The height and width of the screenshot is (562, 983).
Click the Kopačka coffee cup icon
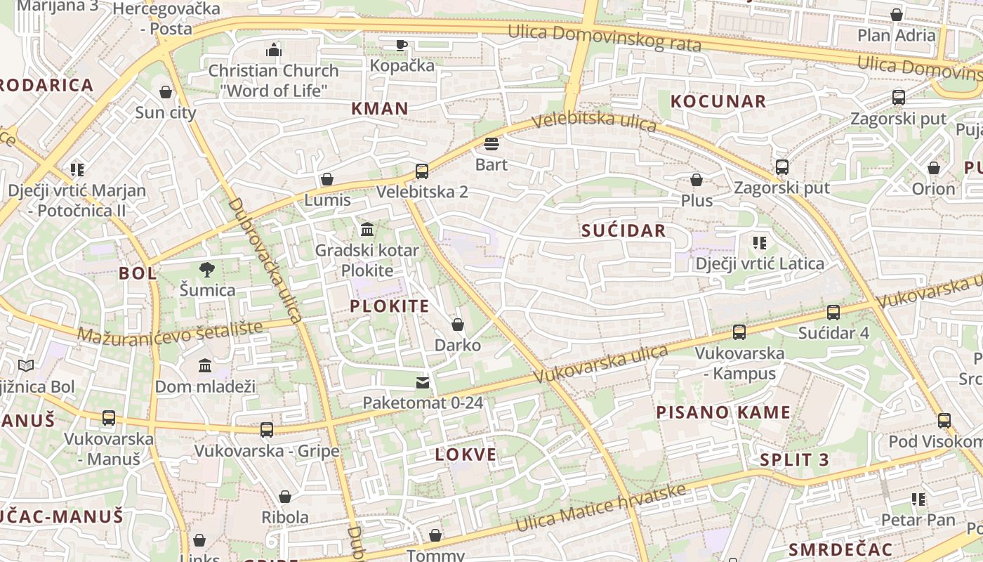401,45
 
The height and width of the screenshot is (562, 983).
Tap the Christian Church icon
274,50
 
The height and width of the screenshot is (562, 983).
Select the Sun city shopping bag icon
166,92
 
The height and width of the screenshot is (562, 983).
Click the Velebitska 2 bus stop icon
422,171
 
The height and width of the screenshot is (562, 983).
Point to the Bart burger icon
491,144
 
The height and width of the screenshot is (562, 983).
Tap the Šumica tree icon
207,269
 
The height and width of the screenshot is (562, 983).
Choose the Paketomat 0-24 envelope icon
423,382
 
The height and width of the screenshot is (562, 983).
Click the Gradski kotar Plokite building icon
367,230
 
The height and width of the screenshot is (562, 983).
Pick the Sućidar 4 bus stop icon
833,312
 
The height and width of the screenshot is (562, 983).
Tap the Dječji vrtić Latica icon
759,243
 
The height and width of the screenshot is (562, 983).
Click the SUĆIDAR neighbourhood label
624,231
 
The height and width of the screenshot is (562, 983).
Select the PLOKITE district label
390,306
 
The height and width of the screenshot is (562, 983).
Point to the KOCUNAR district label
718,101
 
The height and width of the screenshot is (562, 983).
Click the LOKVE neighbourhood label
466,455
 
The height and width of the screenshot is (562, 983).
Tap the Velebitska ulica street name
594,122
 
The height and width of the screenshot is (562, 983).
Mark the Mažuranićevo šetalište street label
170,332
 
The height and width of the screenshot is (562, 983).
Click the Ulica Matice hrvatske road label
601,507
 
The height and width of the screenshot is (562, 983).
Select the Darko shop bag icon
458,325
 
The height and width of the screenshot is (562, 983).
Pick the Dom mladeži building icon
205,365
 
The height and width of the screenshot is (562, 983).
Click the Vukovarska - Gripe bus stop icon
267,429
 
